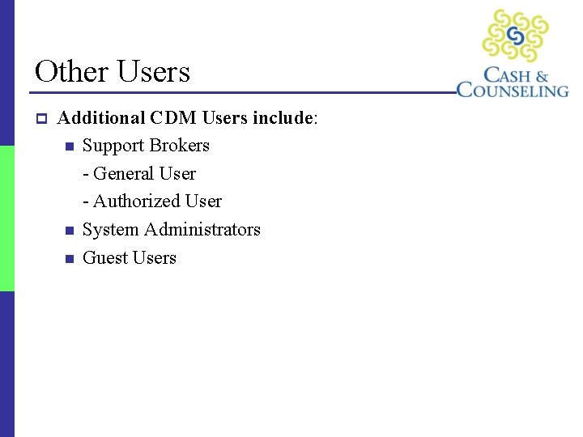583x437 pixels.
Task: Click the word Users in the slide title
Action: (x=153, y=71)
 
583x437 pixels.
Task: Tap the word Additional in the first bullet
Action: (x=100, y=118)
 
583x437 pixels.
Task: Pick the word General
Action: (x=125, y=173)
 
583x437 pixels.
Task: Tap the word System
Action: (x=111, y=230)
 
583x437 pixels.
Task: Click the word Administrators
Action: (x=202, y=230)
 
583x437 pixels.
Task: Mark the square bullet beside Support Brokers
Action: (x=69, y=146)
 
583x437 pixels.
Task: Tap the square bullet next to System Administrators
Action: (x=69, y=231)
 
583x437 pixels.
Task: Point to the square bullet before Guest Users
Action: (x=69, y=259)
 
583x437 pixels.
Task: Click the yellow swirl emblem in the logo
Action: (x=516, y=36)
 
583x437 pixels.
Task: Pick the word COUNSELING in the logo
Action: (x=513, y=90)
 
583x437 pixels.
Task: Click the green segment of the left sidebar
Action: (x=7, y=218)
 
